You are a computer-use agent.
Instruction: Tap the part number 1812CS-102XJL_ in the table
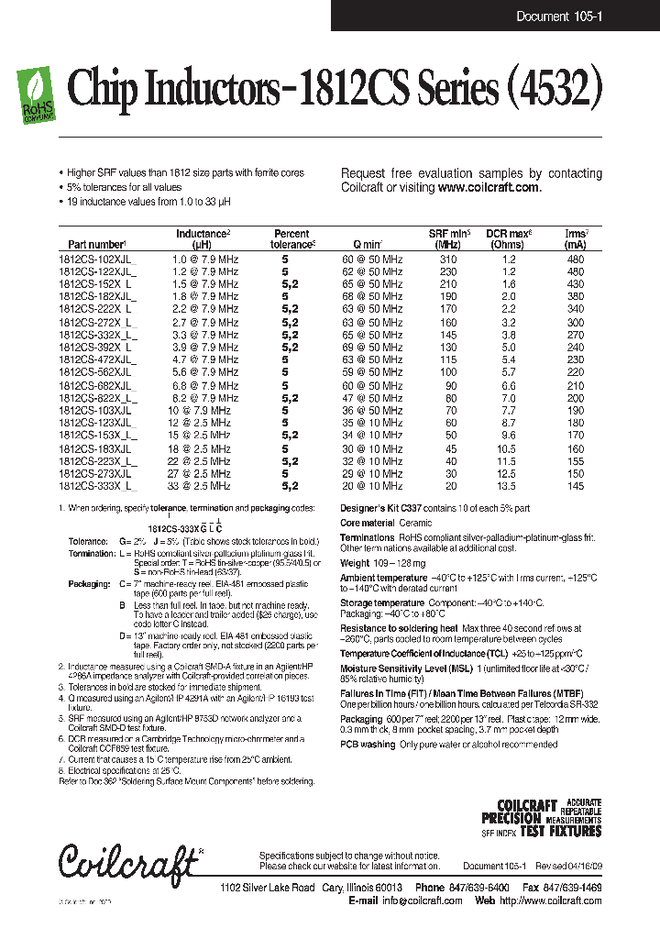(97, 260)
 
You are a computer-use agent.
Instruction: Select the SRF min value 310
(447, 260)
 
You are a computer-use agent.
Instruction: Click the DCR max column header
(509, 239)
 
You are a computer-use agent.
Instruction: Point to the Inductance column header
(203, 239)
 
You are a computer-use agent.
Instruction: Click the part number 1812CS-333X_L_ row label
(98, 486)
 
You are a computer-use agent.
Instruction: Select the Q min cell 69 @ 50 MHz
(372, 348)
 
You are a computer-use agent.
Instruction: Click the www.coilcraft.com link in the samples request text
(489, 187)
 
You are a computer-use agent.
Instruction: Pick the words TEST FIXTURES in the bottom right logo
(560, 832)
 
